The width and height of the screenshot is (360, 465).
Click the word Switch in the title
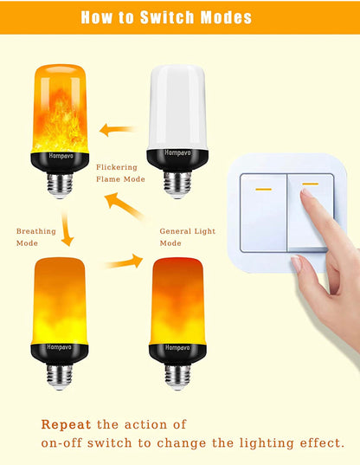click(x=168, y=17)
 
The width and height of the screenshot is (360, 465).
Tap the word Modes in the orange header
click(x=226, y=17)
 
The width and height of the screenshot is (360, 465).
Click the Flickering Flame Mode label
click(x=120, y=173)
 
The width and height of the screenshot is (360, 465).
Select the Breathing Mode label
click(x=35, y=237)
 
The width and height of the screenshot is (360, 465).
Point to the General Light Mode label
click(x=187, y=237)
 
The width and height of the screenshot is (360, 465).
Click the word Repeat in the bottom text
click(x=66, y=424)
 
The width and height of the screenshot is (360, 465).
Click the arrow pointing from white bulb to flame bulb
click(x=119, y=130)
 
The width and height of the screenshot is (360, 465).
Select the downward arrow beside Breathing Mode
click(x=67, y=229)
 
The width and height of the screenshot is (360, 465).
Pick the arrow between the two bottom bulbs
click(x=124, y=262)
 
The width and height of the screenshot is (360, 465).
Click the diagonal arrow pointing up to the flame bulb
click(x=125, y=207)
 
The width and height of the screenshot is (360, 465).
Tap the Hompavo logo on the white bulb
click(x=177, y=153)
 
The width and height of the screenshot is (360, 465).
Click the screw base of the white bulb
click(x=177, y=184)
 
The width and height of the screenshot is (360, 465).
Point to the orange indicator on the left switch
click(x=263, y=189)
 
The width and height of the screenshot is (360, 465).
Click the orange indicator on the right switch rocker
click(x=310, y=184)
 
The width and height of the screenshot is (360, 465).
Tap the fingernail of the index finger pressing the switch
click(x=305, y=193)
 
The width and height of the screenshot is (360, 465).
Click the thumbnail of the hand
click(x=296, y=263)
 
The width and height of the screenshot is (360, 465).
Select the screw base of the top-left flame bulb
click(x=61, y=185)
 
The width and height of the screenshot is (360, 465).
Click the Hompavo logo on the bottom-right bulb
click(x=177, y=347)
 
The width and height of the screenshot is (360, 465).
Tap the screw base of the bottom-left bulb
click(x=60, y=378)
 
